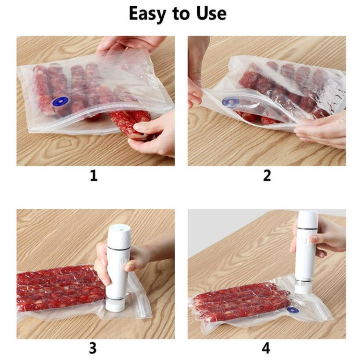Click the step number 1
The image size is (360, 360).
pos(94,176)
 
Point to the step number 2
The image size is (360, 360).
pos(267,176)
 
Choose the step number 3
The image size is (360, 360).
pos(94,347)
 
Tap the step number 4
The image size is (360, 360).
pos(267,347)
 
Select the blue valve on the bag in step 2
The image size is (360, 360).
pos(231,103)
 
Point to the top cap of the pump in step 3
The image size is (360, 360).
pos(118,229)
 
